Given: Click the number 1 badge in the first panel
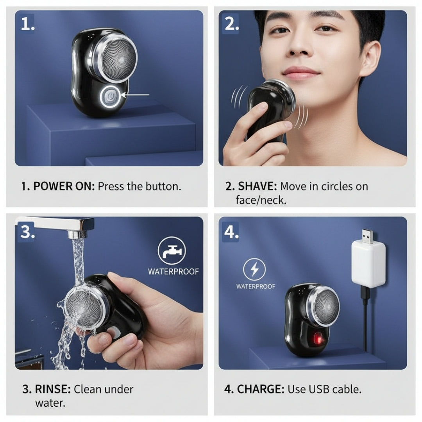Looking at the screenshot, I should pyautogui.click(x=27, y=24).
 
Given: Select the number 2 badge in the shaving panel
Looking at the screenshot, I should pyautogui.click(x=231, y=24).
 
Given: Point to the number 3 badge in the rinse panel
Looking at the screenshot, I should pyautogui.click(x=27, y=232).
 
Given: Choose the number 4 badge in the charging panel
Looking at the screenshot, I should pyautogui.click(x=231, y=232).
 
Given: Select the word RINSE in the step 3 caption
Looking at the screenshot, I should pyautogui.click(x=52, y=389).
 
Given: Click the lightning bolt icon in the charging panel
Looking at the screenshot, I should pyautogui.click(x=254, y=270).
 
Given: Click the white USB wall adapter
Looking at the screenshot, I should pyautogui.click(x=368, y=264).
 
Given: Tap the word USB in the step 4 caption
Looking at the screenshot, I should pyautogui.click(x=319, y=389).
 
